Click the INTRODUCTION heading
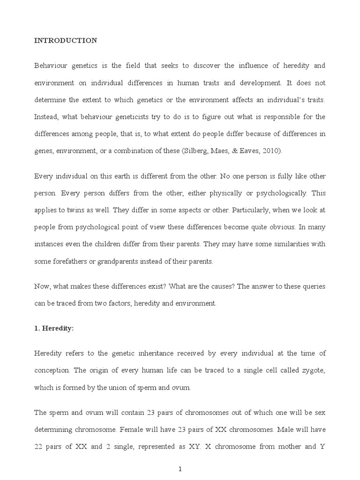(66, 41)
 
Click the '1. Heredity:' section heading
(54, 328)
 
